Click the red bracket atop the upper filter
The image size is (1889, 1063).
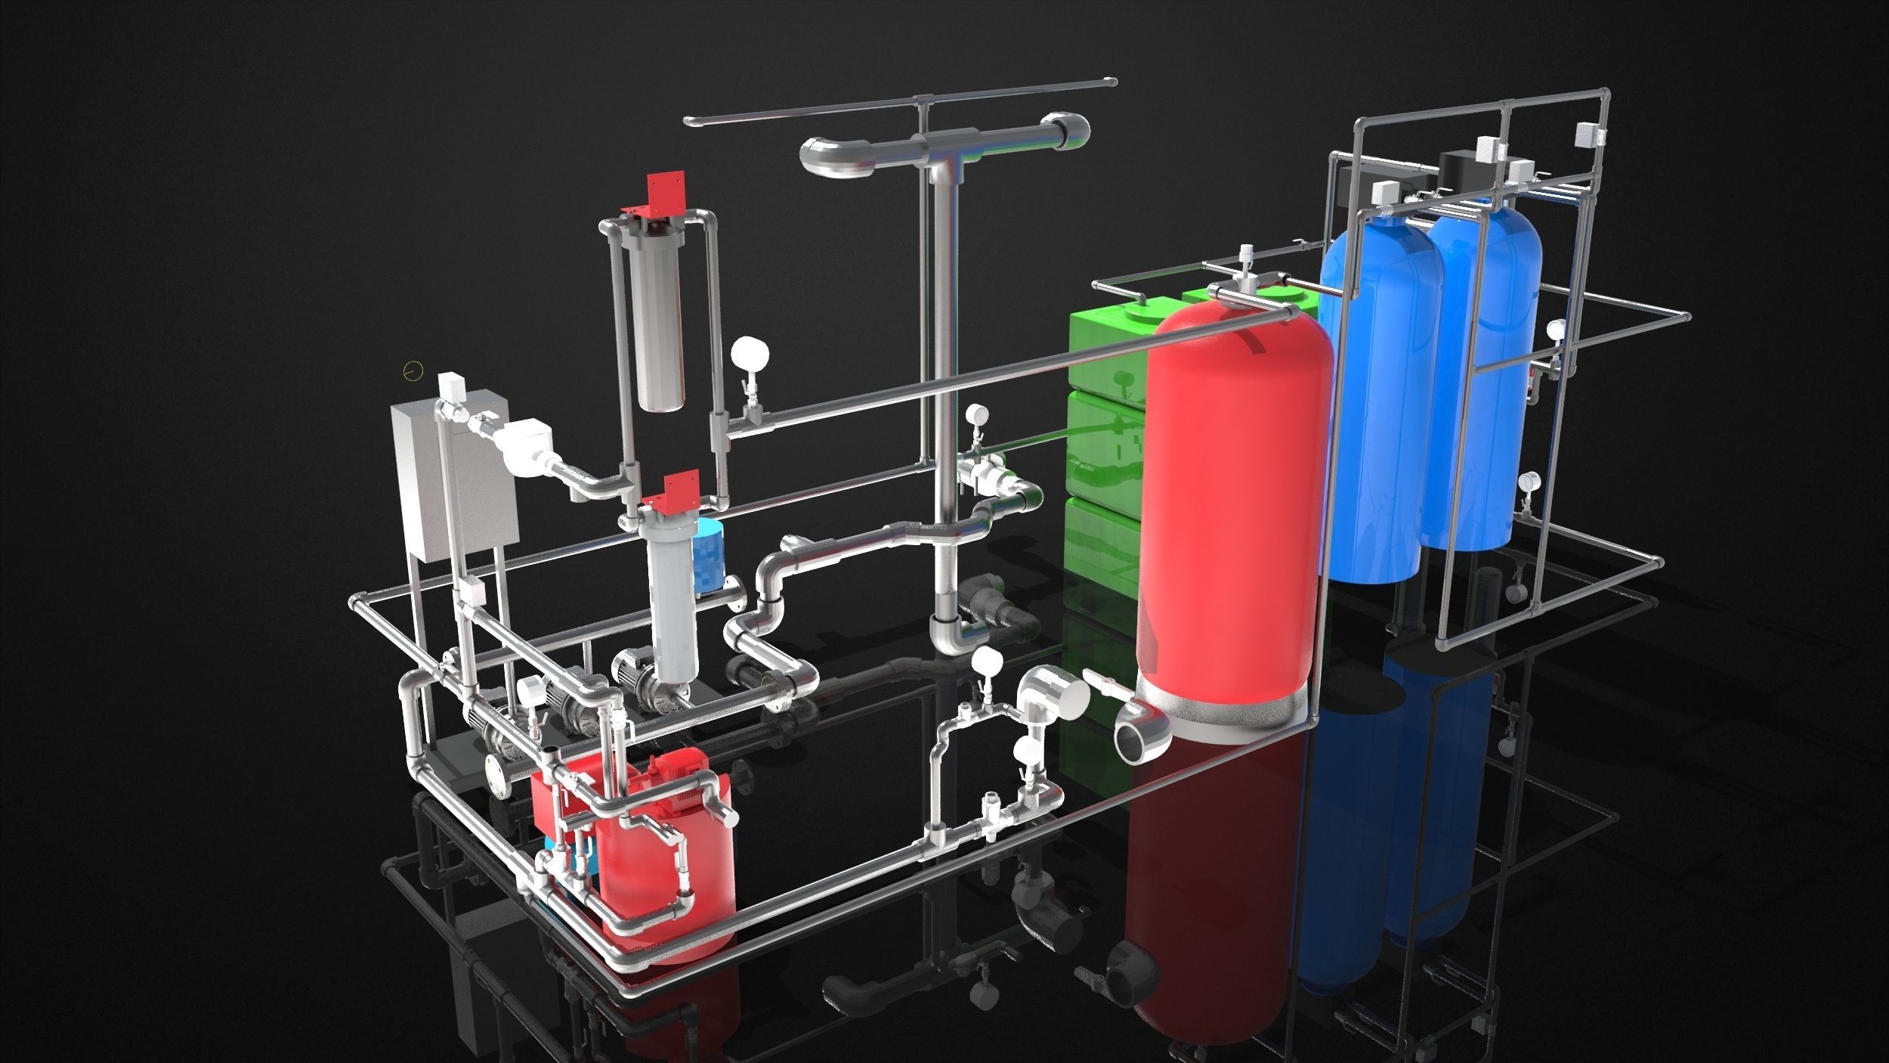pyautogui.click(x=665, y=193)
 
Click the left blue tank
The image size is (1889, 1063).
pyautogui.click(x=1371, y=401)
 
